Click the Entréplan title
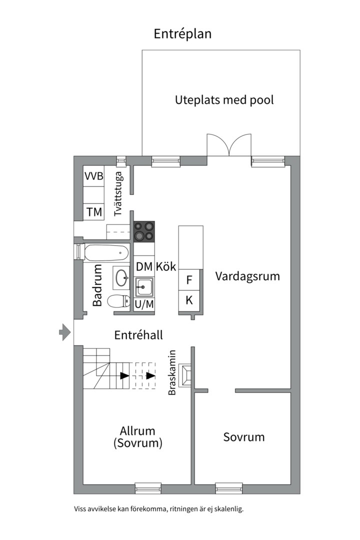[182, 34]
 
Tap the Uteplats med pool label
[224, 100]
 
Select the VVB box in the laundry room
[93, 176]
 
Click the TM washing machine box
[93, 212]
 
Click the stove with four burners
[144, 231]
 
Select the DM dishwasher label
[144, 266]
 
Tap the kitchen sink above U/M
[144, 287]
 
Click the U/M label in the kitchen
[144, 303]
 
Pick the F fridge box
[189, 280]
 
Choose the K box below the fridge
[189, 300]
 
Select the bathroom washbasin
[121, 277]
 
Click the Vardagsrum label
[247, 276]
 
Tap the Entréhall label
[138, 335]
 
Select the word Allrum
[137, 431]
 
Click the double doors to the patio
[229, 145]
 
